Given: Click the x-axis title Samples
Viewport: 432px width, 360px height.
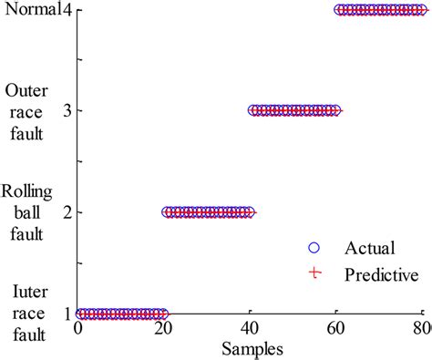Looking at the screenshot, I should coord(251,348).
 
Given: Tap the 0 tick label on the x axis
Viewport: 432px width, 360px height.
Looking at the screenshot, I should coord(79,330).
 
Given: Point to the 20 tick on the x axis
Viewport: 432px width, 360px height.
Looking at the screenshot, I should coord(165,330).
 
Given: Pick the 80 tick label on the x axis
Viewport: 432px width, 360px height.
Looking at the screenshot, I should coord(421,330).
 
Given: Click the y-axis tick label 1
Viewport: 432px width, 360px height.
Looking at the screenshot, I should coord(67,314).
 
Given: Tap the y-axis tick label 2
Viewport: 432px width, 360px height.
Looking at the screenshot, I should coord(67,212).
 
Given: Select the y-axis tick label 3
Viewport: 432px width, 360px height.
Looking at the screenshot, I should coord(67,111).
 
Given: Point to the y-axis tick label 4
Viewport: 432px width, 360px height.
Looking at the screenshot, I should coord(67,10).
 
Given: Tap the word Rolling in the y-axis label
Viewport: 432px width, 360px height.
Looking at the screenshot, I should coord(27,191).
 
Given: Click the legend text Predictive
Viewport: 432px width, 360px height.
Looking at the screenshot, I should coord(381,273).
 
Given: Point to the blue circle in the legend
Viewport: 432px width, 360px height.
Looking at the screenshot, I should coord(314,247).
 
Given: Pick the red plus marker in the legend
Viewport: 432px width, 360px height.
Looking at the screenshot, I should coord(314,273).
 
